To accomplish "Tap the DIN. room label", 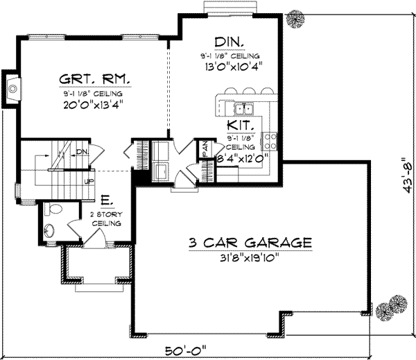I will coord(229,42).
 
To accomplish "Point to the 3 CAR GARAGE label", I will coord(248,243).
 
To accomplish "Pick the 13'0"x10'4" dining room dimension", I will coord(229,67).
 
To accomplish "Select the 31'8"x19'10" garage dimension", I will coord(248,257).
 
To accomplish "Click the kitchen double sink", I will coord(242,108).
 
